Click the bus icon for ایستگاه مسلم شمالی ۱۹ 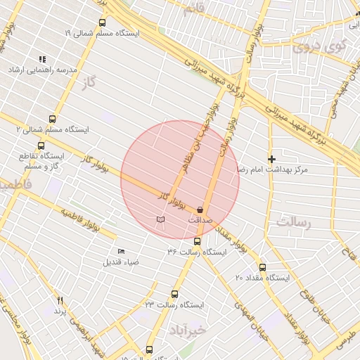[103, 22]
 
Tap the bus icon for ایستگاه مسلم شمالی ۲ [52, 119]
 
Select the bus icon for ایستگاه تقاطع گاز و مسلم [41, 146]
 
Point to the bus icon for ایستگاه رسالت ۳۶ [196, 241]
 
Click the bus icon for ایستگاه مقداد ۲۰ [262, 267]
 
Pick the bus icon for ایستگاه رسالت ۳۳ [175, 295]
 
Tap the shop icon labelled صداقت [200, 210]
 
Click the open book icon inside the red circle [161, 220]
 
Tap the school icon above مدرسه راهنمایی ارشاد [42, 60]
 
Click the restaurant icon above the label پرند [60, 300]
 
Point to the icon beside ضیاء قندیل [122, 251]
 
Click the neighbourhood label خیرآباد [186, 329]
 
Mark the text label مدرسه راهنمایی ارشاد [41, 71]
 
